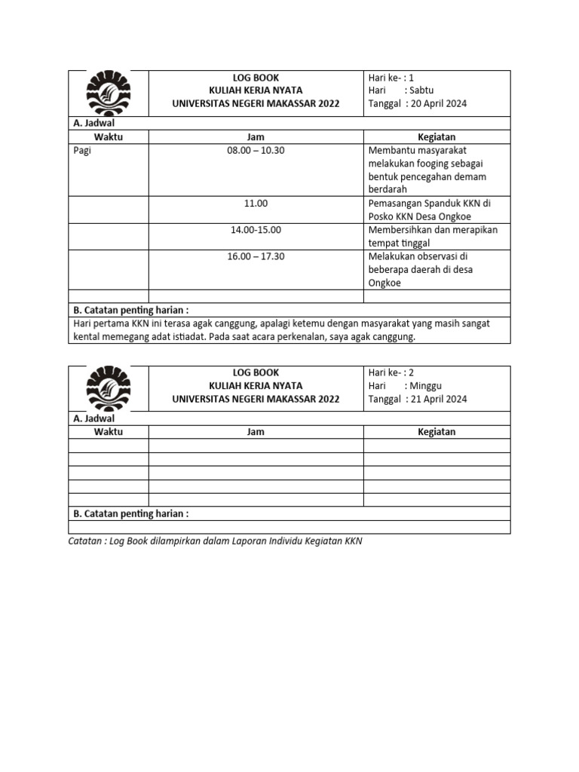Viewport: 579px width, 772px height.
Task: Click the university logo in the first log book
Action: (x=109, y=93)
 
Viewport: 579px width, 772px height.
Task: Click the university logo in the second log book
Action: (x=109, y=388)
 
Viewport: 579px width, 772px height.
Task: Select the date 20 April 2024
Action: (x=437, y=104)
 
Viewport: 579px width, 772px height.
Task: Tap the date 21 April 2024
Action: (x=437, y=399)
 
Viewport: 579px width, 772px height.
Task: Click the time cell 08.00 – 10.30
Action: (x=256, y=150)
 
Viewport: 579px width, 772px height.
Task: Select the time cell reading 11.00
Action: (x=256, y=204)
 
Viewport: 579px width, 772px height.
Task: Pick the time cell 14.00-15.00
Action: (x=256, y=230)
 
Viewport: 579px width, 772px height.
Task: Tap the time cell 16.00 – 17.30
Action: (x=256, y=256)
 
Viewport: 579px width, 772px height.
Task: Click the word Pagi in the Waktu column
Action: (x=82, y=150)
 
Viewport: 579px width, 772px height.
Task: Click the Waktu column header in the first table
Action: (x=109, y=136)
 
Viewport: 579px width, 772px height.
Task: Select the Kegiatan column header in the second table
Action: (x=437, y=432)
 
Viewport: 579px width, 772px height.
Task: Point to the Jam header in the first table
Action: (x=256, y=136)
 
